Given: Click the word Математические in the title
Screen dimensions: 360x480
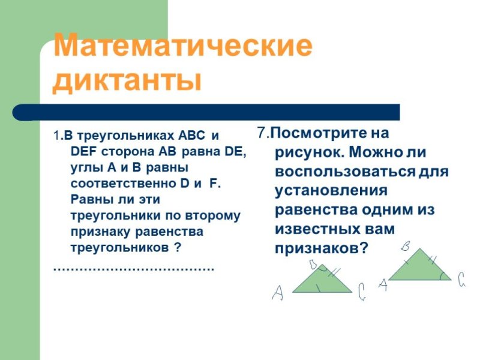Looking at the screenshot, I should click(183, 47).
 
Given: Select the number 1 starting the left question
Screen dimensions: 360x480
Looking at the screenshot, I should click(56, 136).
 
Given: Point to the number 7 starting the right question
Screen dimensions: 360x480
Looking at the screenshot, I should click(261, 133).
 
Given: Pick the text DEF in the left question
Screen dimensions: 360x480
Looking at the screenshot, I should click(82, 152).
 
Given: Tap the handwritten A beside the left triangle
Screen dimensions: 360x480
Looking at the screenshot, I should click(277, 293).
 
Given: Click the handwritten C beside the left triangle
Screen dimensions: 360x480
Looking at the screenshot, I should click(361, 292).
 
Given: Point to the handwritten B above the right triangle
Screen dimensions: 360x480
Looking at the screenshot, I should click(406, 246).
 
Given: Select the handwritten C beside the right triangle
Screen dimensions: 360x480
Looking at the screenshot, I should click(461, 279).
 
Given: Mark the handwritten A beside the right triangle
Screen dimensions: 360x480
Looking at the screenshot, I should click(382, 284).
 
